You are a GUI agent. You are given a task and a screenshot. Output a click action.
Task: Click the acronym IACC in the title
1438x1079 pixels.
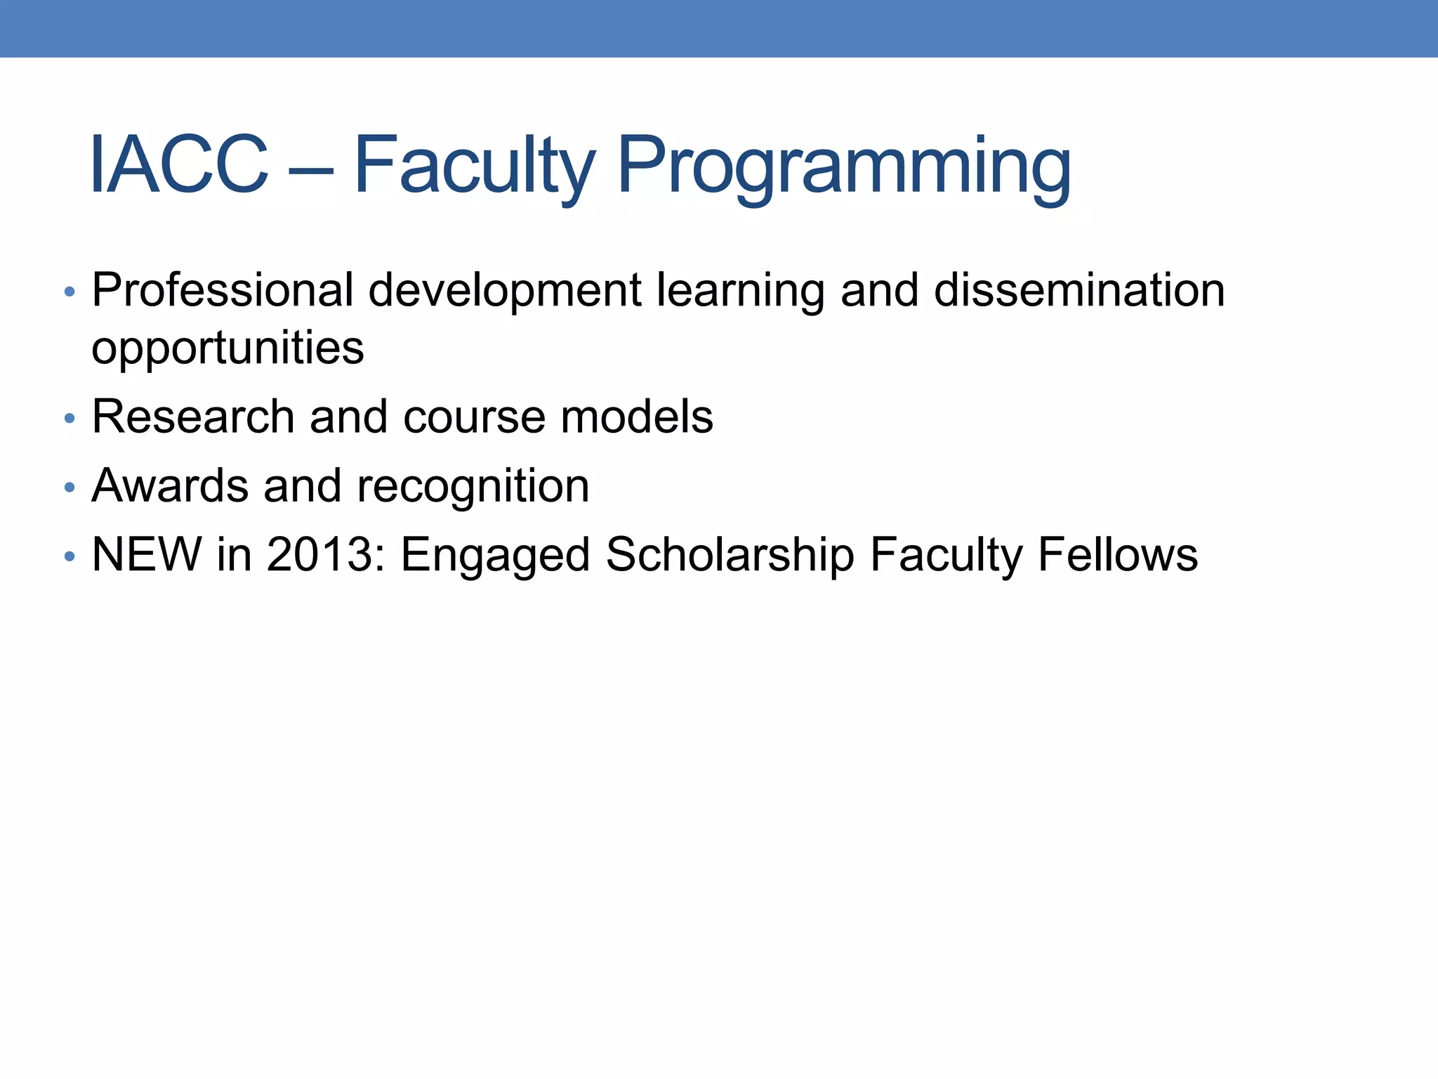pos(179,165)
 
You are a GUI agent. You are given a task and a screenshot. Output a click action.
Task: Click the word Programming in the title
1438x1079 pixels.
pos(844,167)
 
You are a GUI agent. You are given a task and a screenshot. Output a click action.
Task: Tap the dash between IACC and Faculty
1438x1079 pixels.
pos(310,169)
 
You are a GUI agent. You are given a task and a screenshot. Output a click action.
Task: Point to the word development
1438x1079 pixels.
pos(504,292)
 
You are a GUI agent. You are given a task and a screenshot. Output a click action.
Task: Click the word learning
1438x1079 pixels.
pos(740,292)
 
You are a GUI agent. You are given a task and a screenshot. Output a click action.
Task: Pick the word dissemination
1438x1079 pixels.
pos(1079,290)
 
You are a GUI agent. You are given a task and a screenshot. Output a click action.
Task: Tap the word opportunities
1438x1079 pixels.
pos(228,348)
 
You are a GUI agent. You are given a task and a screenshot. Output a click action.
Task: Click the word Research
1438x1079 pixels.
pos(193,417)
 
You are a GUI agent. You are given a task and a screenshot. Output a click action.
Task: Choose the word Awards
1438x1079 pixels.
pos(170,486)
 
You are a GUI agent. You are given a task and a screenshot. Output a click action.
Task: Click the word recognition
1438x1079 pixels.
pos(473,486)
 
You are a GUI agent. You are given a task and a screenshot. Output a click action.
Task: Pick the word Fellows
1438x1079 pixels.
pos(1117,555)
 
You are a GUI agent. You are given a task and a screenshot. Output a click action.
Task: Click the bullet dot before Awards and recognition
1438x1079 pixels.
pos(69,488)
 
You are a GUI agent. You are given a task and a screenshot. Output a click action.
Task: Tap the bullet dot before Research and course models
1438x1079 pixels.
pos(69,419)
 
